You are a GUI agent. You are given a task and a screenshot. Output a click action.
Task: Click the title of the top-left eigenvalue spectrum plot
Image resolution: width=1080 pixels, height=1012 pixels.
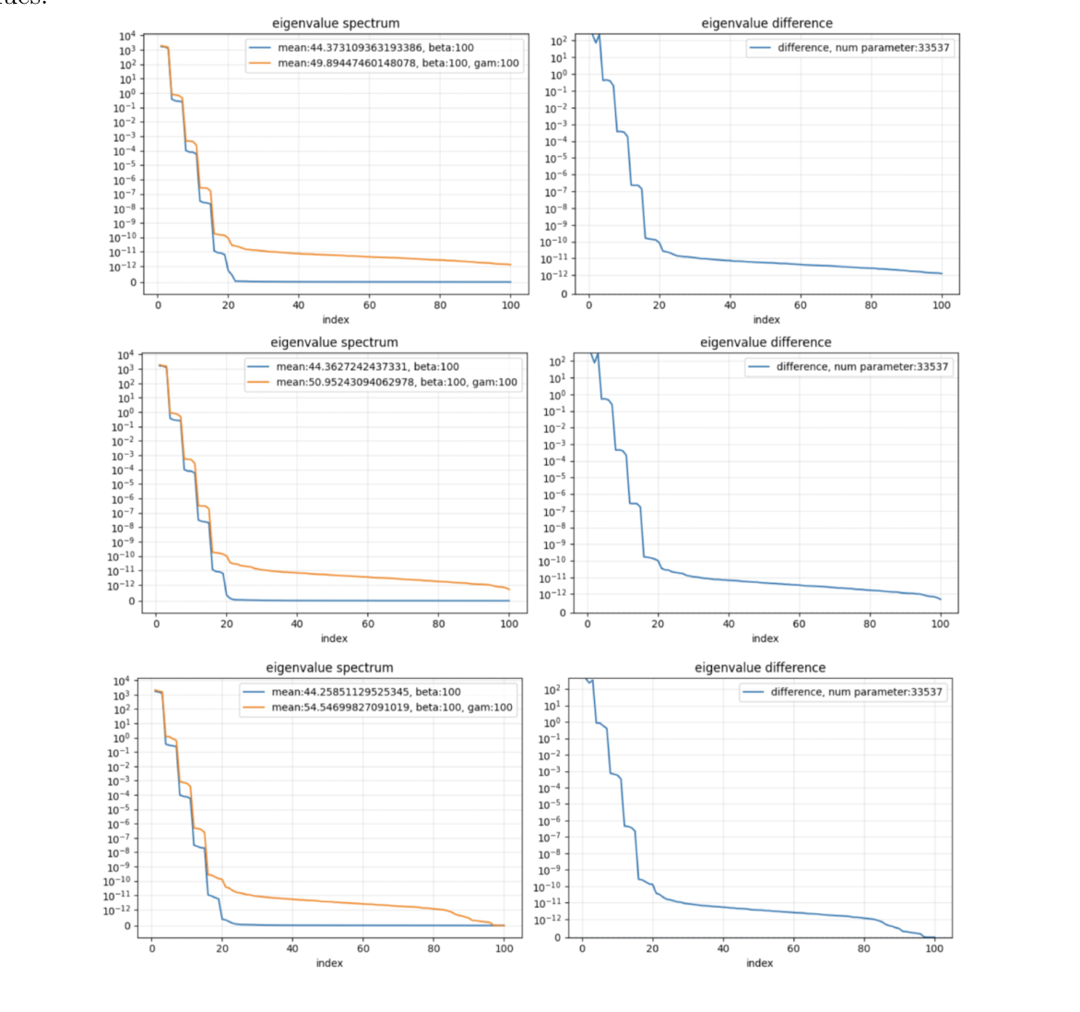tap(336, 23)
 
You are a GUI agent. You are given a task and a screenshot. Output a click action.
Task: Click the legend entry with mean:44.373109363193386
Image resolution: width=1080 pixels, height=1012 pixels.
tap(375, 48)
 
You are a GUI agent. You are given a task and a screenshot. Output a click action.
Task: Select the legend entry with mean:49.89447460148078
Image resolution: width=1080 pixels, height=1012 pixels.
tap(398, 64)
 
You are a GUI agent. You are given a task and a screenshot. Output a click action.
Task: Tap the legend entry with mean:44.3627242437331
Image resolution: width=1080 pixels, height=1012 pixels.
tap(367, 367)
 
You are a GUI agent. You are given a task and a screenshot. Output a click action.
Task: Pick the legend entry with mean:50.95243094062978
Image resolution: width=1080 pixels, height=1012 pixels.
tap(397, 382)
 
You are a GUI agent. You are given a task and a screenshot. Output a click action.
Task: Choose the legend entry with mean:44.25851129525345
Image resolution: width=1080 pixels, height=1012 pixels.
tap(365, 692)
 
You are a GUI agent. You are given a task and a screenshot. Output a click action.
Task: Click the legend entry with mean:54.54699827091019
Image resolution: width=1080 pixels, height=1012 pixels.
tap(391, 708)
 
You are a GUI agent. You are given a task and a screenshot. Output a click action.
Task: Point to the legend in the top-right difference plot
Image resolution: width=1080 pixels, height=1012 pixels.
tap(849, 48)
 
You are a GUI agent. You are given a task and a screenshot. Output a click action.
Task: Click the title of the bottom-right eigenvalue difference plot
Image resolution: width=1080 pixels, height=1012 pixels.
tap(760, 668)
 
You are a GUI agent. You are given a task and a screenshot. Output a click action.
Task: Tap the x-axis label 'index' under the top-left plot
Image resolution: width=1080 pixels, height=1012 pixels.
tap(336, 320)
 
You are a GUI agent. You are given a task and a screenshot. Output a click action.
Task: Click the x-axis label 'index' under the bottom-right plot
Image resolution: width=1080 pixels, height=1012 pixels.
tap(759, 963)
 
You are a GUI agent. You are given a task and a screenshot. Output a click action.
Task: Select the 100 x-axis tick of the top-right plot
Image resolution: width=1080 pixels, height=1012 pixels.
tap(941, 305)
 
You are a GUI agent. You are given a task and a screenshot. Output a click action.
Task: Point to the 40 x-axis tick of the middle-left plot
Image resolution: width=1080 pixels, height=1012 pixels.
tap(297, 625)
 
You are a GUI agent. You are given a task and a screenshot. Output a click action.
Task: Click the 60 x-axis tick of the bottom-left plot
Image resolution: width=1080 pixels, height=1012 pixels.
tap(363, 948)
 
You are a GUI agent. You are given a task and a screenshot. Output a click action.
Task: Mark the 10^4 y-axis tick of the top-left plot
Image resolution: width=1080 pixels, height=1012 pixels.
tap(127, 36)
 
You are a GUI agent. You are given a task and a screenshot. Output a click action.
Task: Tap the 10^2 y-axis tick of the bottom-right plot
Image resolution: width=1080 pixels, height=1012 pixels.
tap(552, 690)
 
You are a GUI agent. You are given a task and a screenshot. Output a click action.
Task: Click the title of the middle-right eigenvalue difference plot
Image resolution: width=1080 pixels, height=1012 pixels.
tap(765, 342)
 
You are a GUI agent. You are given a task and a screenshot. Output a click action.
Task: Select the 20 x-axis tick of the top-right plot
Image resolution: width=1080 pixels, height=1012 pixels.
tap(659, 305)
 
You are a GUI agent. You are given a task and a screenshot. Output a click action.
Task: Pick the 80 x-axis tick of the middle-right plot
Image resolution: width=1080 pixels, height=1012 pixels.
tap(870, 625)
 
